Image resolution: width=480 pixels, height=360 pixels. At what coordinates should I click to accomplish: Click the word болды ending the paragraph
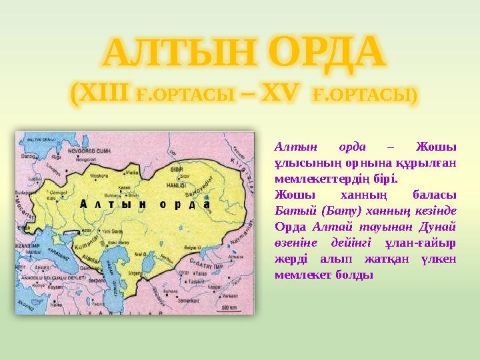tap(353, 274)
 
